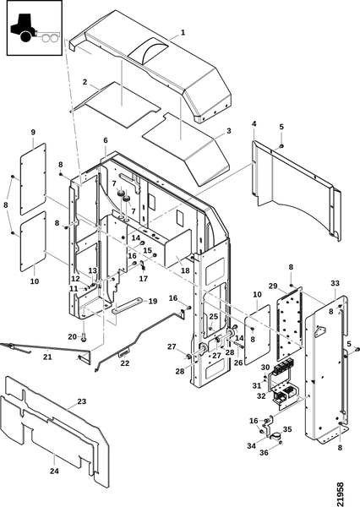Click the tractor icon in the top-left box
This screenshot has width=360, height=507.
(x=35, y=28)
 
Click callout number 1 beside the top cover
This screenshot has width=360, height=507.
(x=183, y=32)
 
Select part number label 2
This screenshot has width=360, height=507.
(x=85, y=82)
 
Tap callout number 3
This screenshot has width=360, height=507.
(x=229, y=131)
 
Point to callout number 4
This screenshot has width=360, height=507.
(x=254, y=123)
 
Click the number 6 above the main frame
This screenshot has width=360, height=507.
(x=106, y=140)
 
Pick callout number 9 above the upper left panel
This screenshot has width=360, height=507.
(x=33, y=133)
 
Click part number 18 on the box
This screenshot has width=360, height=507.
(x=185, y=270)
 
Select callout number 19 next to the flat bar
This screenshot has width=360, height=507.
(x=153, y=302)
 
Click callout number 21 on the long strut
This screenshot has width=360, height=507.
(x=47, y=357)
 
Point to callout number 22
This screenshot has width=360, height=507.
(x=125, y=363)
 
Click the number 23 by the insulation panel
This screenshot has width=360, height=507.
(x=81, y=401)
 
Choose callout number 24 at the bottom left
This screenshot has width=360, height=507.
(x=54, y=471)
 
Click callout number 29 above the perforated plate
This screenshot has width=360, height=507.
(x=273, y=286)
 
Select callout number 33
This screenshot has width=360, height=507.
(x=335, y=284)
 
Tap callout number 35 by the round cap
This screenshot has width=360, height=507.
(x=287, y=429)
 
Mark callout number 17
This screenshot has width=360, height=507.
(x=144, y=278)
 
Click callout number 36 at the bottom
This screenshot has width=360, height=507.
(x=264, y=453)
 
